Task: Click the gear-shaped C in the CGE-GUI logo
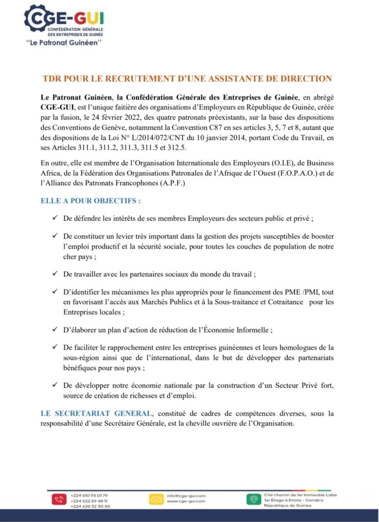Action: pyautogui.click(x=35, y=19)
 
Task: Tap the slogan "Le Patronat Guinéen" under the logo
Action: pyautogui.click(x=64, y=43)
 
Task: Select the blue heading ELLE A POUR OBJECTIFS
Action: pyautogui.click(x=91, y=201)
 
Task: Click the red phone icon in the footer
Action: pyautogui.click(x=59, y=500)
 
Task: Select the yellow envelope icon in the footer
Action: pyautogui.click(x=156, y=500)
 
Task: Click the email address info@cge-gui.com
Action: pyautogui.click(x=186, y=495)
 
